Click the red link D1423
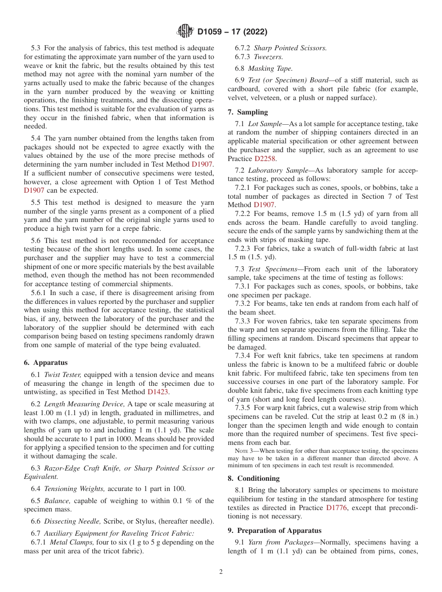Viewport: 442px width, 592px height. pos(157,392)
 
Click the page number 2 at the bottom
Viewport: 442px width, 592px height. pos(221,572)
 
